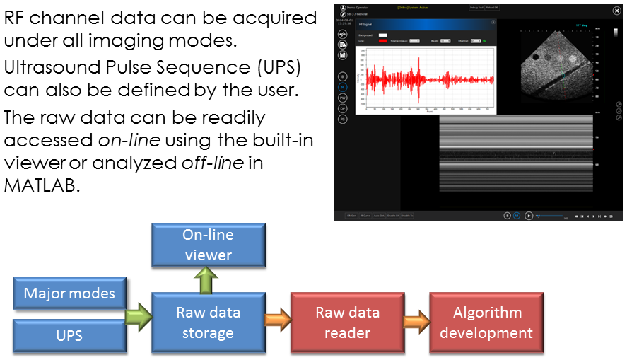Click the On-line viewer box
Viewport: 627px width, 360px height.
click(x=208, y=245)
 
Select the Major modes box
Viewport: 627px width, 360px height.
click(x=69, y=293)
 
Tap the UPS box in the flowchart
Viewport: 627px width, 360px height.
click(x=69, y=334)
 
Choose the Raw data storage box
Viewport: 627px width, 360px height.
click(x=208, y=322)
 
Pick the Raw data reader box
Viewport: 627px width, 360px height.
click(x=347, y=322)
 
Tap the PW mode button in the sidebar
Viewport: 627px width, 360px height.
click(x=342, y=97)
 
